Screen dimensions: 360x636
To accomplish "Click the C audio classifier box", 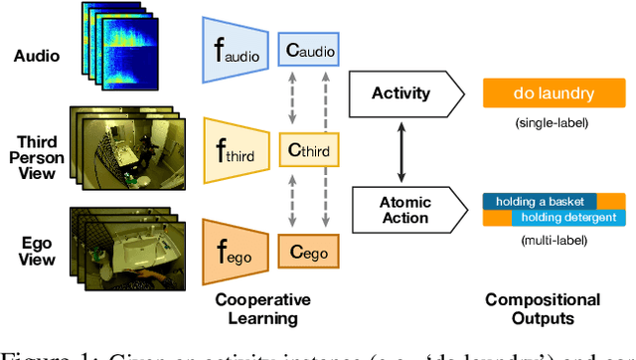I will pos(305,47).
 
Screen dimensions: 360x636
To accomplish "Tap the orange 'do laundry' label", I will pos(554,94).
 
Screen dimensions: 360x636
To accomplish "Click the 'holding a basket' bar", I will pos(540,201).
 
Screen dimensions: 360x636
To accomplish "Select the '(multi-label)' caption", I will pos(554,241).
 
